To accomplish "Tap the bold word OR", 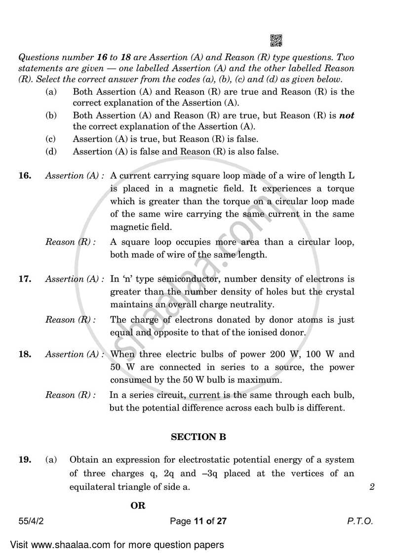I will (138, 506).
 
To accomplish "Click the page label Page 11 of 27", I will (197, 521).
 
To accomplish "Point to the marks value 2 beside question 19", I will (372, 487).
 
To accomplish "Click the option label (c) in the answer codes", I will (50, 139).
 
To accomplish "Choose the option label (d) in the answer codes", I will (50, 152).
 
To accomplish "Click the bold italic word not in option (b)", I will (346, 115).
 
